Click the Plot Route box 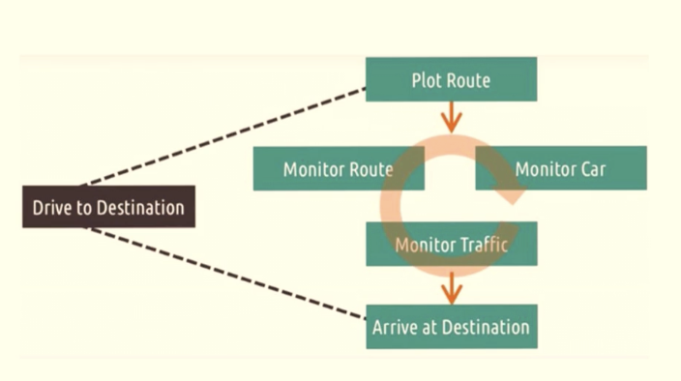pyautogui.click(x=451, y=79)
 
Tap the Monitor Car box pyautogui.click(x=561, y=169)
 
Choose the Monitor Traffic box pyautogui.click(x=451, y=244)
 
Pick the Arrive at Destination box pyautogui.click(x=451, y=327)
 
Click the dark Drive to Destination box pyautogui.click(x=108, y=207)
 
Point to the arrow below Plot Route pyautogui.click(x=451, y=117)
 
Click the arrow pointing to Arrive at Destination pyautogui.click(x=451, y=286)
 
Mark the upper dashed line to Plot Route pyautogui.click(x=222, y=136)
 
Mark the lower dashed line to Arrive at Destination pyautogui.click(x=222, y=273)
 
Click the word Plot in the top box pyautogui.click(x=427, y=80)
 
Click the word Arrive pyautogui.click(x=396, y=327)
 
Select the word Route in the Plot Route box pyautogui.click(x=467, y=80)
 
